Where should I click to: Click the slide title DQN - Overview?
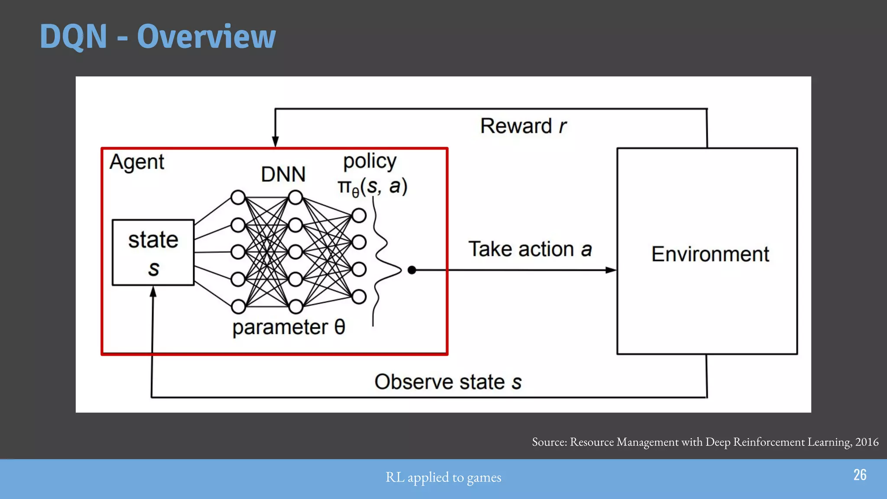[158, 36]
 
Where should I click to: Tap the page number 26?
[860, 475]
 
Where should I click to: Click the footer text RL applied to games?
[443, 477]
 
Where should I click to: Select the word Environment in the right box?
[710, 254]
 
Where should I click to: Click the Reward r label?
[523, 126]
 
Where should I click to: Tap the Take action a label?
[530, 249]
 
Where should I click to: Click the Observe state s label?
[448, 382]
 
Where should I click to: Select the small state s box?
[153, 253]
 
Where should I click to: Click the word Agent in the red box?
[137, 162]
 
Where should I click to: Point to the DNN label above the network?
[283, 175]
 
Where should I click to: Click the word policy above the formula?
[369, 162]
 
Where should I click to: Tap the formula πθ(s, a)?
[372, 187]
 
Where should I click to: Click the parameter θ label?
[288, 327]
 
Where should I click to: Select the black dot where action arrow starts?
[412, 270]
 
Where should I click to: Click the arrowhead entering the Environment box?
[611, 270]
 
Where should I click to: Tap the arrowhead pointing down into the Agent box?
[275, 142]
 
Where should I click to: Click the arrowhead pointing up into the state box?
[153, 292]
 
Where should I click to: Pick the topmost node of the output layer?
[359, 215]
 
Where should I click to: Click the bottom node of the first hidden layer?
[238, 307]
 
